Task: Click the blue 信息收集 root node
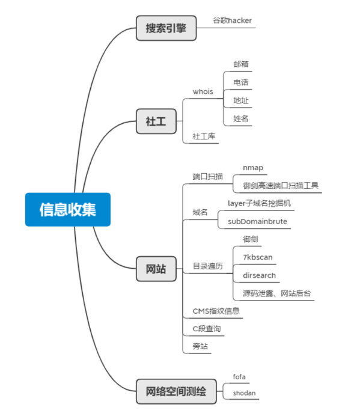click(67, 209)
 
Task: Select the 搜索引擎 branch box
click(166, 28)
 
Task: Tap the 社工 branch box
click(156, 121)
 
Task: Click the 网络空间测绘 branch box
click(176, 391)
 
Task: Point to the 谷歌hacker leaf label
click(232, 20)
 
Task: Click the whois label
click(203, 91)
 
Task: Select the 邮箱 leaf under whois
click(241, 64)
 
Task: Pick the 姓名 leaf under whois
click(241, 118)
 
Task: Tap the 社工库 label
click(204, 136)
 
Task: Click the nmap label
click(253, 167)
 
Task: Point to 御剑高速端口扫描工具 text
click(281, 185)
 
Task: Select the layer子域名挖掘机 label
click(259, 203)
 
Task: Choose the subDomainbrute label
click(257, 222)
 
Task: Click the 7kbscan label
click(257, 257)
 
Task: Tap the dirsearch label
click(259, 275)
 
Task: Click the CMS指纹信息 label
click(216, 311)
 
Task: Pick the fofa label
click(239, 376)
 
